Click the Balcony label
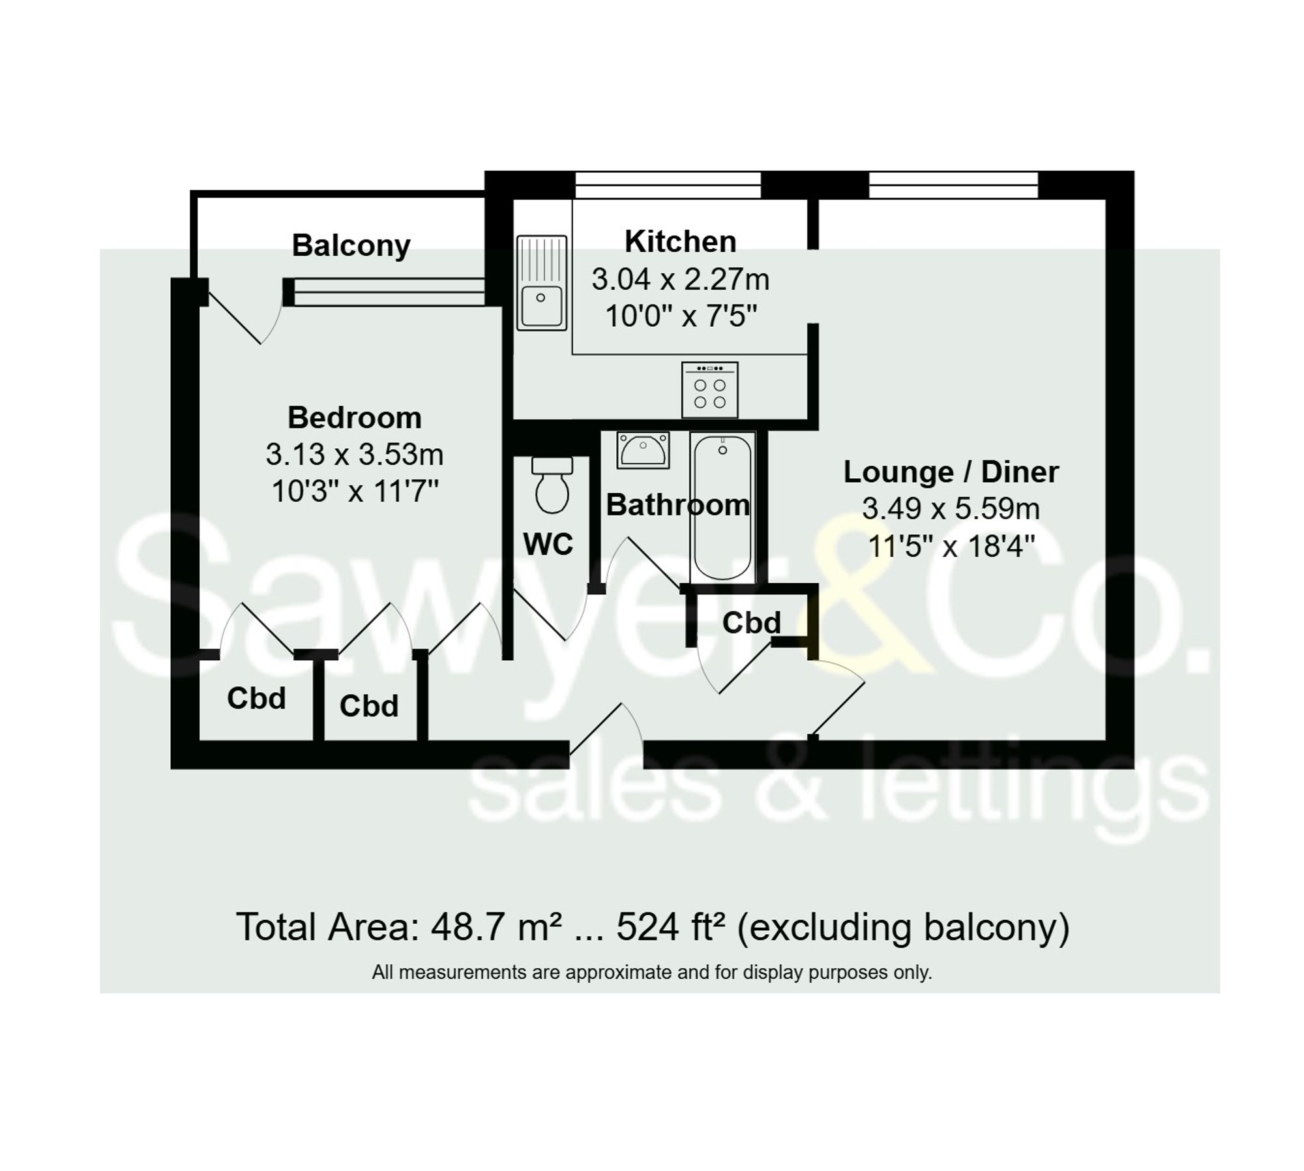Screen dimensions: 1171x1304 (351, 246)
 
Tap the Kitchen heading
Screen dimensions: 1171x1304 (680, 241)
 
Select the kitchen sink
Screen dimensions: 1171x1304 (541, 283)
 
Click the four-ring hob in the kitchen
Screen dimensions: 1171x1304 (709, 390)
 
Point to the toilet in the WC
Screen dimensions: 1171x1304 (552, 485)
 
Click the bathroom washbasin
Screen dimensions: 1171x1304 (643, 449)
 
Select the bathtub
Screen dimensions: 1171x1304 (722, 506)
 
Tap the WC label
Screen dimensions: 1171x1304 (548, 544)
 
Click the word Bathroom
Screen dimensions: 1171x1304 (677, 505)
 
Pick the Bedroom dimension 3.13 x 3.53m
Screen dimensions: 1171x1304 (354, 454)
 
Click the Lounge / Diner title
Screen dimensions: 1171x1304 (951, 472)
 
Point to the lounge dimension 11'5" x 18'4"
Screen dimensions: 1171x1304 (951, 545)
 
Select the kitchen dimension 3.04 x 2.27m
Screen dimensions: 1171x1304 (680, 279)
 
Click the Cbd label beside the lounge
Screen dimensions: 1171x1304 (751, 622)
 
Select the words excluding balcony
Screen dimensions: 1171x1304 (903, 927)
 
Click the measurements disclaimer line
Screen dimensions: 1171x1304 (652, 973)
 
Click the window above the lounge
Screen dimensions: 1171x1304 (953, 185)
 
